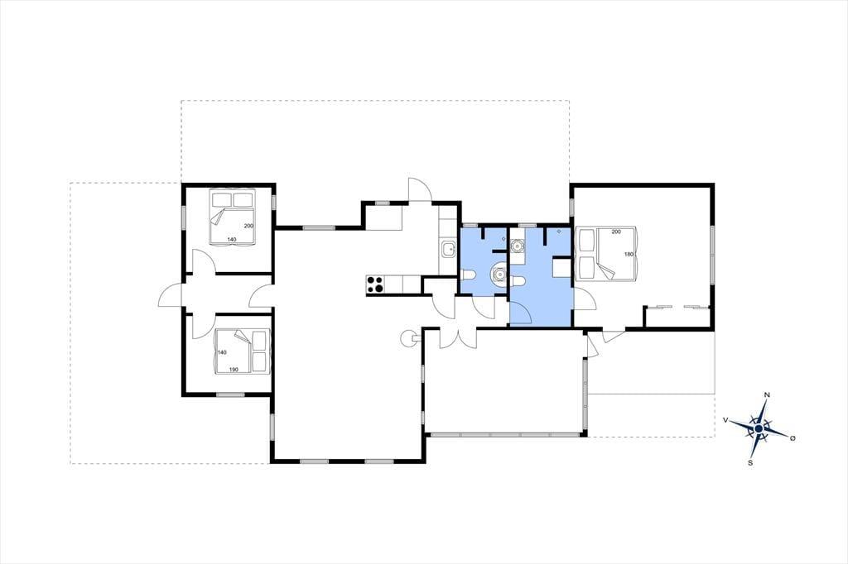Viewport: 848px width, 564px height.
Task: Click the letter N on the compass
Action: click(766, 395)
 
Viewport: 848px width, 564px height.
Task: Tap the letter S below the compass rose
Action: click(750, 462)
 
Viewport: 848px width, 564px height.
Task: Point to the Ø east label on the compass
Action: click(793, 438)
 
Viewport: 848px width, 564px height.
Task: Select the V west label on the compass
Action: click(725, 419)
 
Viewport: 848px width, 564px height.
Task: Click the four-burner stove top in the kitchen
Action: click(375, 284)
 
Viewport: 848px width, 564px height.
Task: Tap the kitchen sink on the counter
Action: click(448, 249)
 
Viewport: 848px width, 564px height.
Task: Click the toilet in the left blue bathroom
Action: click(468, 275)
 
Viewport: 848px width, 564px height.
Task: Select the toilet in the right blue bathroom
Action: click(518, 281)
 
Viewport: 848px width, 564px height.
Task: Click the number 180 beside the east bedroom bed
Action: click(629, 255)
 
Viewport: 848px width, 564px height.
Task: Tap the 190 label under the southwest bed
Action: click(234, 370)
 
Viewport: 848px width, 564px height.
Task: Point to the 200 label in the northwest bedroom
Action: click(248, 226)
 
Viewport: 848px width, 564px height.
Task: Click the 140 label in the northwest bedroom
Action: click(232, 239)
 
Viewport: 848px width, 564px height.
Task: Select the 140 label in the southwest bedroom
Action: click(222, 352)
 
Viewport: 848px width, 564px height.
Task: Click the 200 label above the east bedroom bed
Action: click(616, 232)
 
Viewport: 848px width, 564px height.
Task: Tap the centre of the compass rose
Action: click(759, 428)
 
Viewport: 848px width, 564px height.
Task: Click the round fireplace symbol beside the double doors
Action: click(407, 338)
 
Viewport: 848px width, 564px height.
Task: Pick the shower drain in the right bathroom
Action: click(558, 232)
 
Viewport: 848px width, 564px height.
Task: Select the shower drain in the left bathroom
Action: click(503, 238)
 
